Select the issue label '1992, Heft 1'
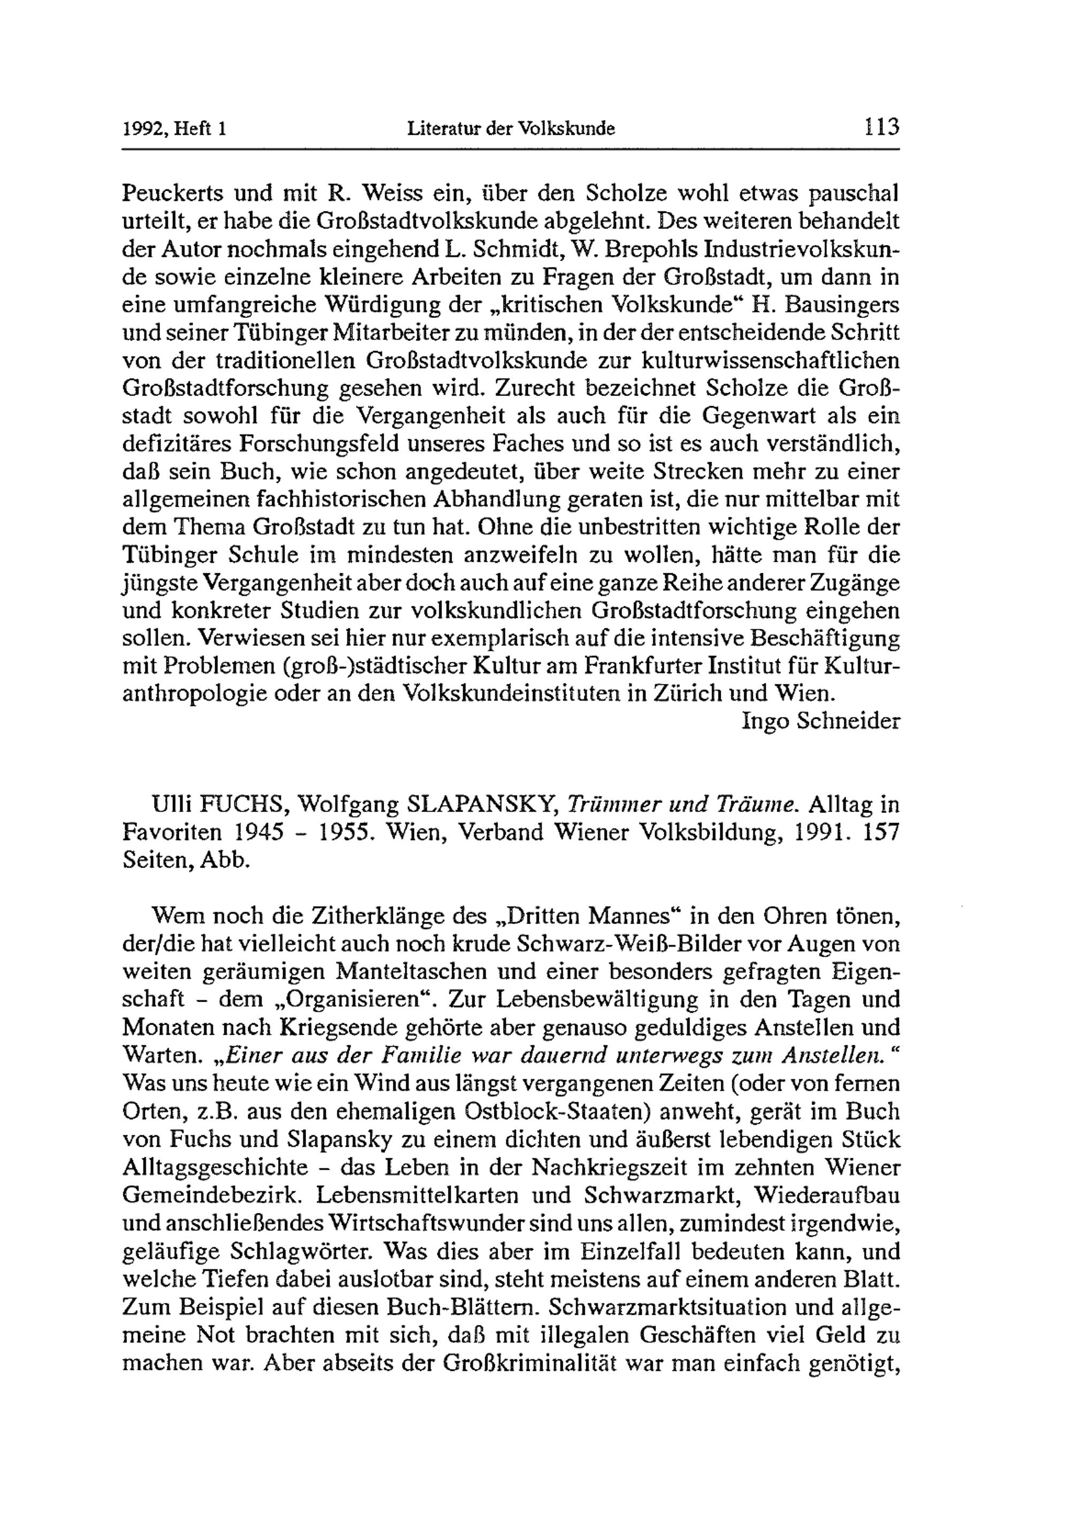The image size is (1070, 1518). point(174,128)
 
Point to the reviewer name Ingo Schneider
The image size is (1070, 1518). point(821,721)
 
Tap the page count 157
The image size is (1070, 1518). point(882,833)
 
